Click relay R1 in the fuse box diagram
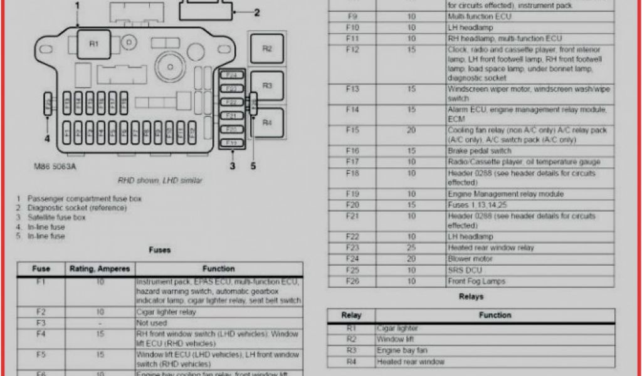93,44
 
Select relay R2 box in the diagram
267,49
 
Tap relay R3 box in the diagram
267,86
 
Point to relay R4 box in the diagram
267,123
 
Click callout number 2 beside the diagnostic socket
256,13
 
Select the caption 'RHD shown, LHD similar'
160,180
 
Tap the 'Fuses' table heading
159,250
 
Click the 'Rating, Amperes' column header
100,269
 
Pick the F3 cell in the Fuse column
41,323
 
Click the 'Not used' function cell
152,323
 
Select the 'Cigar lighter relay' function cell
166,311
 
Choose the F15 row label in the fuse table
352,130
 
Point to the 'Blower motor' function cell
470,259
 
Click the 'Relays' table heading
471,296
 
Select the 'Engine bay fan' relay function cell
402,351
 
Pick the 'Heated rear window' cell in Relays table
411,362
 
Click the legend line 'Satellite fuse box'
56,217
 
